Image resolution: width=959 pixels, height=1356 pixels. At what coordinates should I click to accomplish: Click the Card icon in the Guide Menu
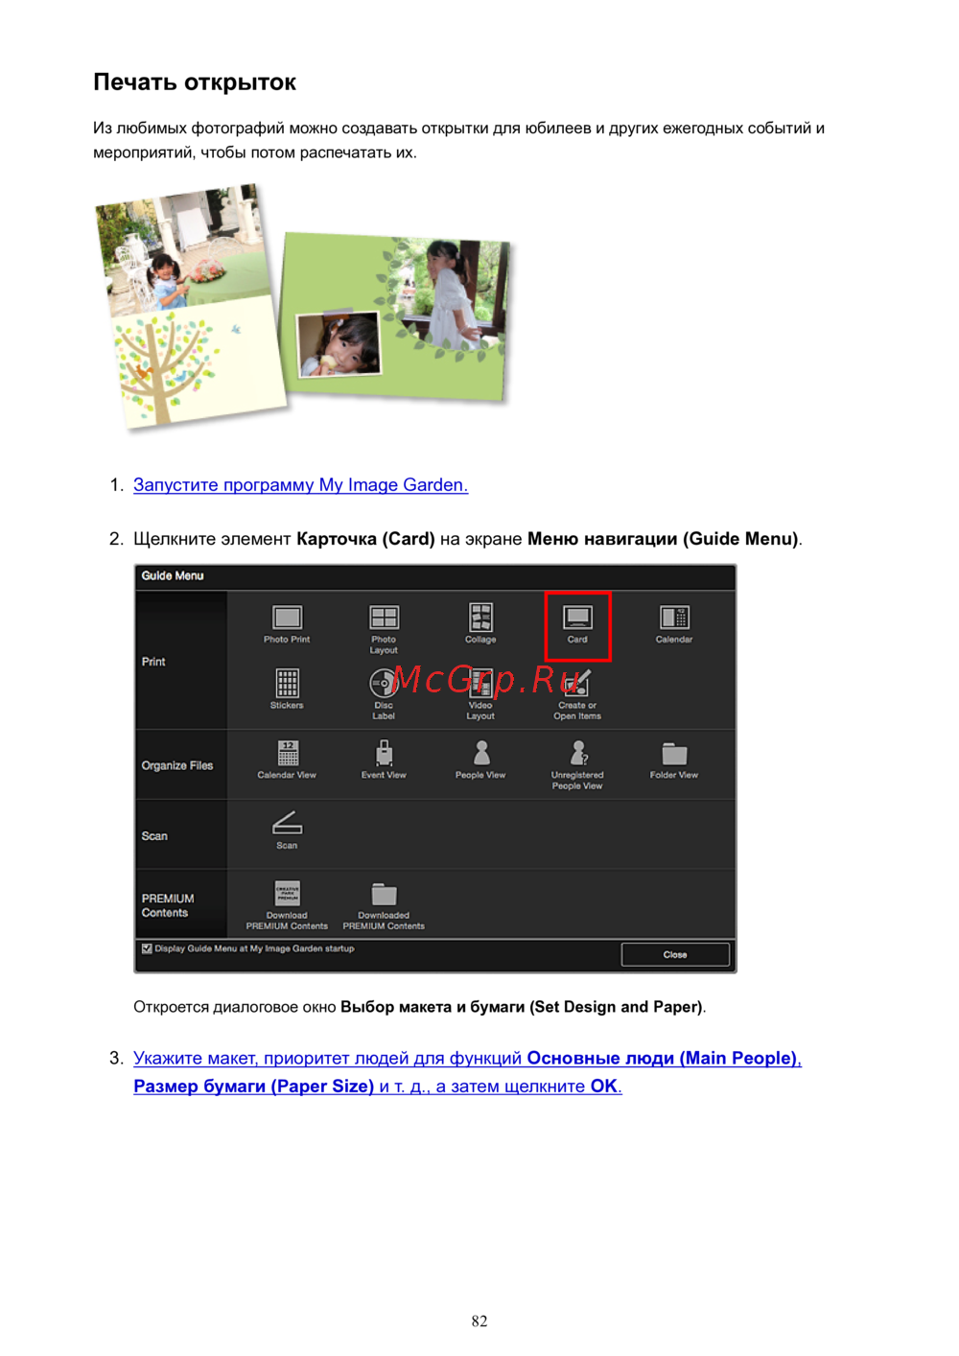577,617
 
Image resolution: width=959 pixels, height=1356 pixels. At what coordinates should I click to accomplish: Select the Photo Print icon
287,617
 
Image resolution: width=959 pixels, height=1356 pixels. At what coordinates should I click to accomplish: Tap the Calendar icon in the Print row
674,617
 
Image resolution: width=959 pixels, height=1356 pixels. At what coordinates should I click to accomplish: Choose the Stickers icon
287,683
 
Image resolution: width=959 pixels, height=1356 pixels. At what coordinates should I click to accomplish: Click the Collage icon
480,617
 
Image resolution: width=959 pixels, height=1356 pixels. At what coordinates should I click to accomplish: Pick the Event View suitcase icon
384,753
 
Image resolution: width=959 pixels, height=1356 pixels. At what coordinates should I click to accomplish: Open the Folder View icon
674,754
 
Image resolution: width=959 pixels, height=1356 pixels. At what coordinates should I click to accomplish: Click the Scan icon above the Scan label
287,823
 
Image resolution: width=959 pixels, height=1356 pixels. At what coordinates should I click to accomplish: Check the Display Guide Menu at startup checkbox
147,948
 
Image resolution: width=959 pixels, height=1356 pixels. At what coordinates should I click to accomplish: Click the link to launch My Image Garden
300,485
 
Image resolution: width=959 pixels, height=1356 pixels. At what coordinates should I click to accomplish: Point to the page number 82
479,1321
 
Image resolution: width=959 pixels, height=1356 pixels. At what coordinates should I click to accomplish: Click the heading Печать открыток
195,82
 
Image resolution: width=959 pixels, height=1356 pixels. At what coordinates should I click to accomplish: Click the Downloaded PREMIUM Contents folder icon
384,894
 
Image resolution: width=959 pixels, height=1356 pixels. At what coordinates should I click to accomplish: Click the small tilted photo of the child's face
339,344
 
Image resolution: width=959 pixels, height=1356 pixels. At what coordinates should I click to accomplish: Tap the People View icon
480,753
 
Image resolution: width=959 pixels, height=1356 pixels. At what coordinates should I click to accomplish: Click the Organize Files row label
176,766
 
